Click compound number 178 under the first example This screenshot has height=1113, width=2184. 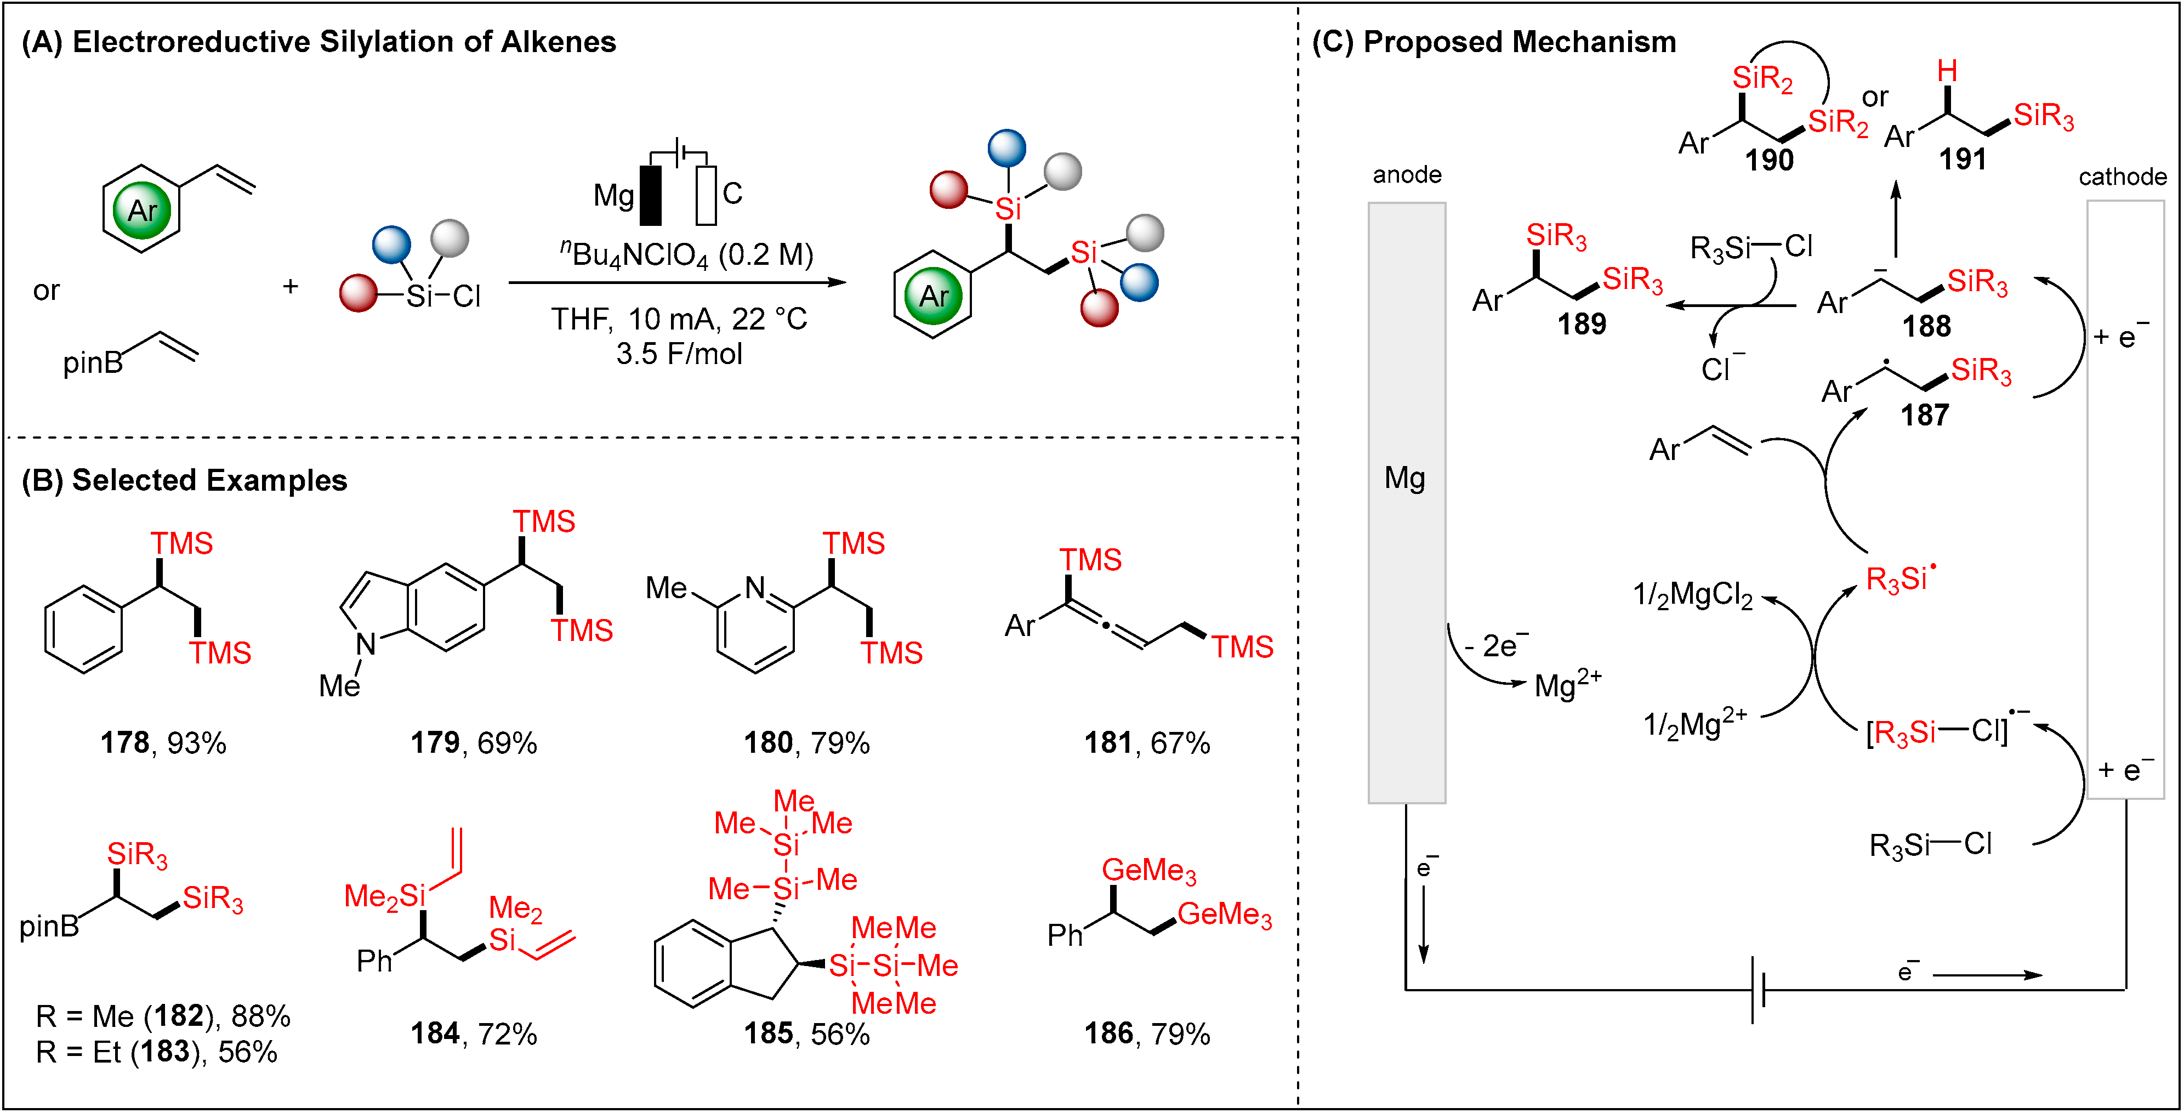point(124,743)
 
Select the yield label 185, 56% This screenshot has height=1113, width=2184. point(806,1033)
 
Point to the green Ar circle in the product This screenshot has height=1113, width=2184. point(932,296)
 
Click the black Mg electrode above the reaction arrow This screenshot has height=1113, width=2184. point(650,195)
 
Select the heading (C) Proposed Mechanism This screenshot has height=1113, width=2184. point(1493,42)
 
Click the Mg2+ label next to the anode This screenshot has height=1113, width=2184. point(1567,683)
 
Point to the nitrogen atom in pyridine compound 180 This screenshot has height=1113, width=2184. point(754,587)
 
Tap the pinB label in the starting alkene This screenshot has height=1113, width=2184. point(92,363)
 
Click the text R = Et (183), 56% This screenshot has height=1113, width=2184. point(156,1052)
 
